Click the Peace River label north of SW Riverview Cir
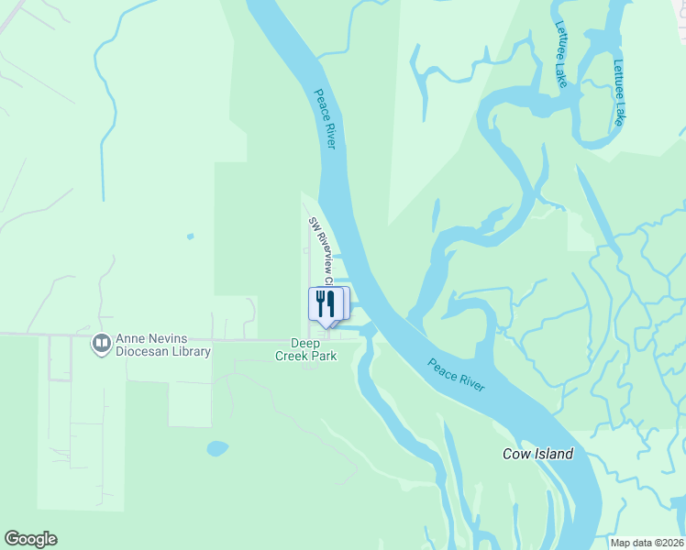(326, 119)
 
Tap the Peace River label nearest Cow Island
(456, 375)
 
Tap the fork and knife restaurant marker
(326, 304)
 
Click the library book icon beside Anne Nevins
(101, 344)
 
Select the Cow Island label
(537, 454)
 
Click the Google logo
(30, 539)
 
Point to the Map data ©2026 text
(647, 543)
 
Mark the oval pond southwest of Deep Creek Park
(217, 448)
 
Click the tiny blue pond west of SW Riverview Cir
(190, 236)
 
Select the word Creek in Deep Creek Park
(295, 356)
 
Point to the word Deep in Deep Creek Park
(305, 344)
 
